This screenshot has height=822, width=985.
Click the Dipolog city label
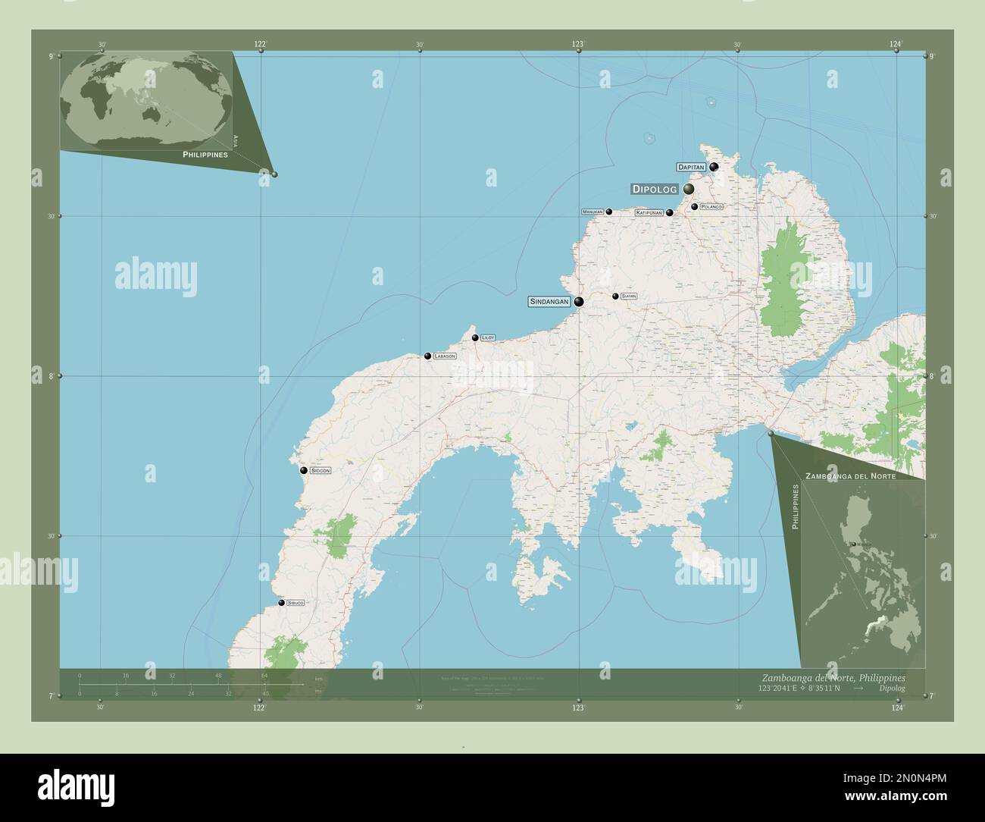pos(654,190)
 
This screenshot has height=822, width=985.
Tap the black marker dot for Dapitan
pos(714,167)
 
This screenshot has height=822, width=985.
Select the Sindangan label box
pos(549,302)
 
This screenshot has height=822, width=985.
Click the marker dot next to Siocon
pos(303,470)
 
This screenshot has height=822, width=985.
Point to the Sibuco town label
pos(295,603)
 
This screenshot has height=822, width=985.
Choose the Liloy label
pos(488,337)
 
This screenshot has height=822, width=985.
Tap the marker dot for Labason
pos(427,356)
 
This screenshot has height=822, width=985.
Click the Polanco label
pos(711,206)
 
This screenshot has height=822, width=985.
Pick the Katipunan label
pos(649,213)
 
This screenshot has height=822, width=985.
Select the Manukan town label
pos(592,212)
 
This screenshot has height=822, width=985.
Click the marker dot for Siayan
pos(615,296)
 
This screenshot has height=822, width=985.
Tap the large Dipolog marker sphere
pos(689,189)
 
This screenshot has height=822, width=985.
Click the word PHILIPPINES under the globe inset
pos(205,154)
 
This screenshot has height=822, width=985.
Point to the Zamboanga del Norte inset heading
pos(852,476)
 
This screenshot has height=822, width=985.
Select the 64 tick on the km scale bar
pos(264,674)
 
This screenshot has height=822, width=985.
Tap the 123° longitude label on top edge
pos(578,45)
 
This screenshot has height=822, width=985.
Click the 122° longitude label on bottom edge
pos(259,707)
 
